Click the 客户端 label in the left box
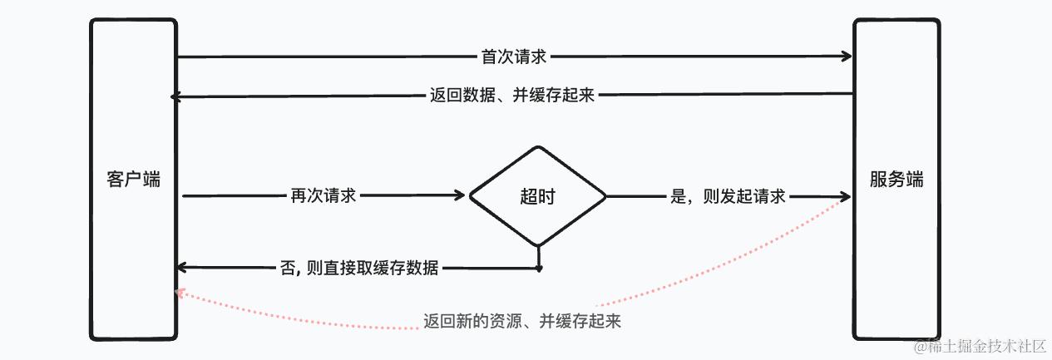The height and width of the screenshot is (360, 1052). tap(133, 180)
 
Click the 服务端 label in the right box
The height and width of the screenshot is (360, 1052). tap(896, 180)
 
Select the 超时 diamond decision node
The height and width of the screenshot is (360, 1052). tap(537, 197)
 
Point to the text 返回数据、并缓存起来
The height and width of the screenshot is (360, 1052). tap(512, 96)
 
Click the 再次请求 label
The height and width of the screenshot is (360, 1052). tap(324, 196)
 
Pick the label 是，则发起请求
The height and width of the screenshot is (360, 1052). tap(728, 197)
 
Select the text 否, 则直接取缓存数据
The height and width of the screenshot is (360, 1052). tap(360, 268)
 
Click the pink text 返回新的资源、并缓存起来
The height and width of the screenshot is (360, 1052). tap(522, 321)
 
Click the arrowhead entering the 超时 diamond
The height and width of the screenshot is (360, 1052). tap(462, 196)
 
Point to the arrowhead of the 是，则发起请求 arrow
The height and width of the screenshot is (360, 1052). tap(847, 197)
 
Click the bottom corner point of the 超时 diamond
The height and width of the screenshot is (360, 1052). tap(538, 246)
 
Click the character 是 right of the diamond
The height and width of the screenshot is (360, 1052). tap(677, 197)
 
